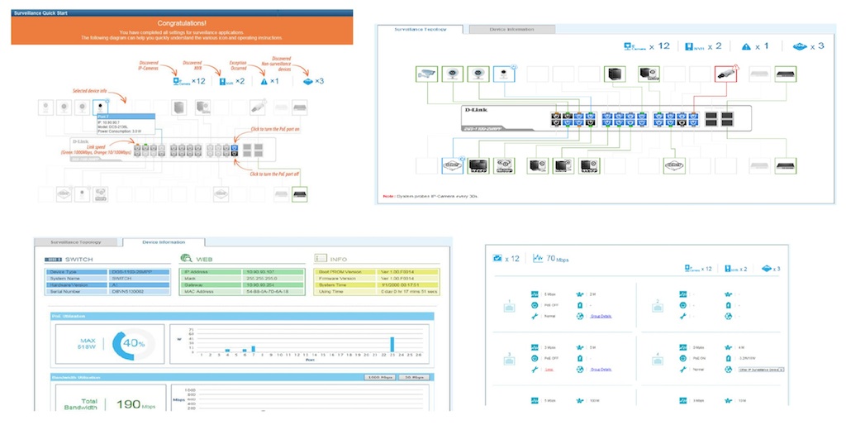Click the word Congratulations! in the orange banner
(x=182, y=25)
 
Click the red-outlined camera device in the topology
(x=725, y=74)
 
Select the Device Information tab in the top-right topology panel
(x=511, y=29)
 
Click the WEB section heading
(x=209, y=260)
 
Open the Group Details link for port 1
(x=601, y=316)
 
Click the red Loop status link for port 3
(x=549, y=369)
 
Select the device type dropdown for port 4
(x=762, y=369)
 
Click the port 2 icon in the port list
(x=658, y=303)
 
